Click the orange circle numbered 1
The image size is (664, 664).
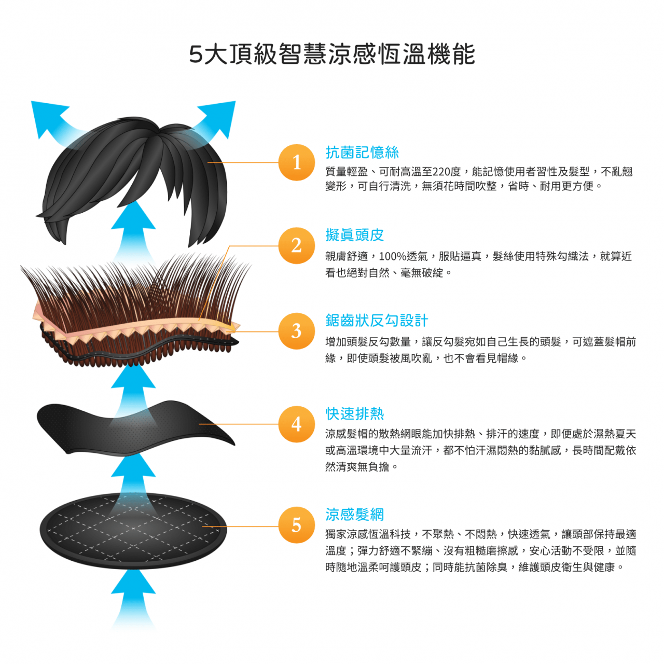click(x=297, y=162)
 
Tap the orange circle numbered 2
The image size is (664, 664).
click(x=297, y=245)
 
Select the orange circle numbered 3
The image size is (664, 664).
click(x=297, y=331)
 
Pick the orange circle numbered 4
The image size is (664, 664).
click(x=297, y=424)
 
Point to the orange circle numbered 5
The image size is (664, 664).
click(x=297, y=525)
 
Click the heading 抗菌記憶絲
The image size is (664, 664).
click(x=362, y=153)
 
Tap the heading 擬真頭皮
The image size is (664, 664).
click(x=355, y=235)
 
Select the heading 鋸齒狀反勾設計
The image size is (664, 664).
click(x=377, y=321)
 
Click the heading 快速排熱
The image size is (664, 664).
click(x=355, y=414)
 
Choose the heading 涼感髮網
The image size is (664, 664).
click(x=355, y=515)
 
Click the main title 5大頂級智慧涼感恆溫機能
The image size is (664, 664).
click(x=332, y=54)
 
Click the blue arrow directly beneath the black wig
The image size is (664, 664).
click(x=133, y=228)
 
